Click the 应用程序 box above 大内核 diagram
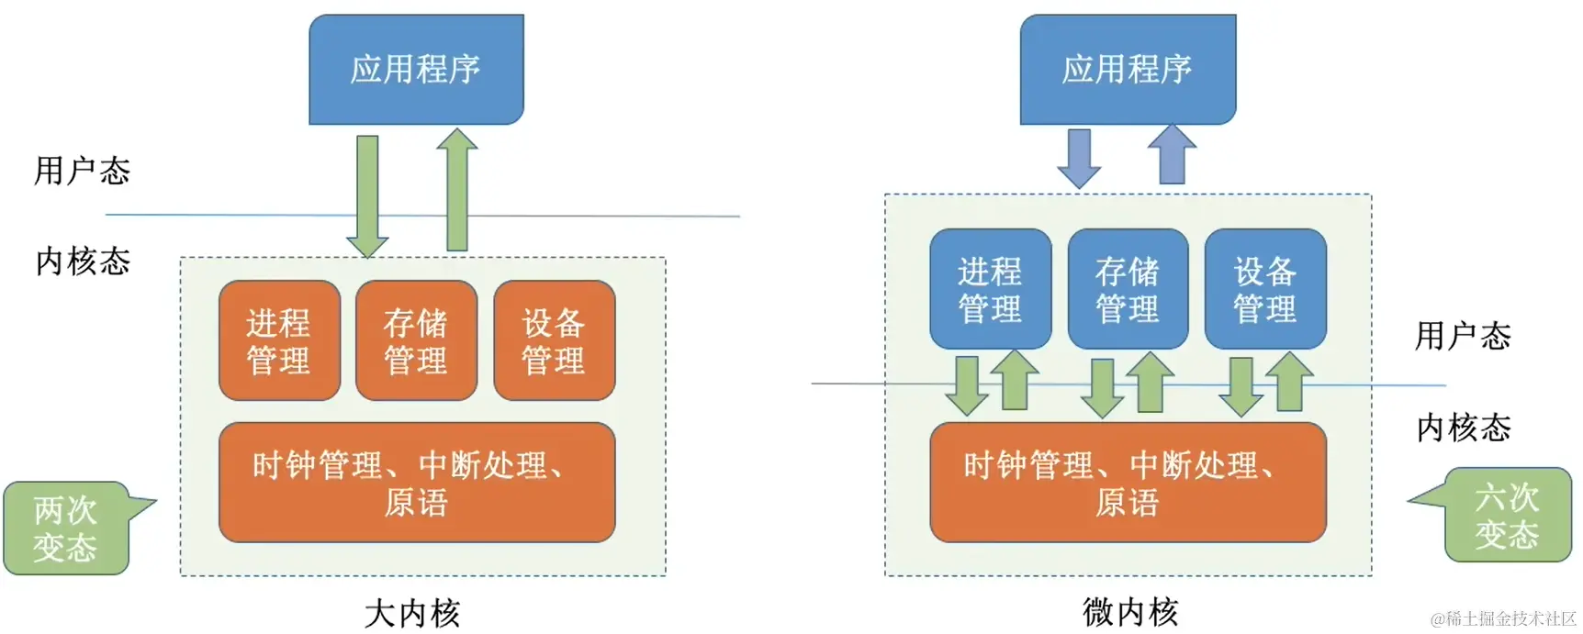(x=416, y=69)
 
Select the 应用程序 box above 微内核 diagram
(x=1128, y=69)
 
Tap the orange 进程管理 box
(x=279, y=340)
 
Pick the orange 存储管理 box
(x=416, y=340)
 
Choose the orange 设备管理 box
(x=554, y=340)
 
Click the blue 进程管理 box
(x=990, y=289)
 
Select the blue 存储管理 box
(x=1128, y=289)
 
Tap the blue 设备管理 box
(x=1265, y=289)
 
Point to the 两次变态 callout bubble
(x=65, y=528)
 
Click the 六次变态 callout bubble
(x=1507, y=515)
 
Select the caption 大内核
(x=412, y=613)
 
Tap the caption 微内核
(x=1130, y=611)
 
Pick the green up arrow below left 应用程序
(x=456, y=190)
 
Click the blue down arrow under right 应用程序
(x=1079, y=158)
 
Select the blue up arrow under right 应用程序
(x=1172, y=154)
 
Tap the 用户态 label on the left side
(x=83, y=171)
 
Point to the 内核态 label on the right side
(x=1464, y=428)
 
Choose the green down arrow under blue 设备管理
(x=1241, y=386)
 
